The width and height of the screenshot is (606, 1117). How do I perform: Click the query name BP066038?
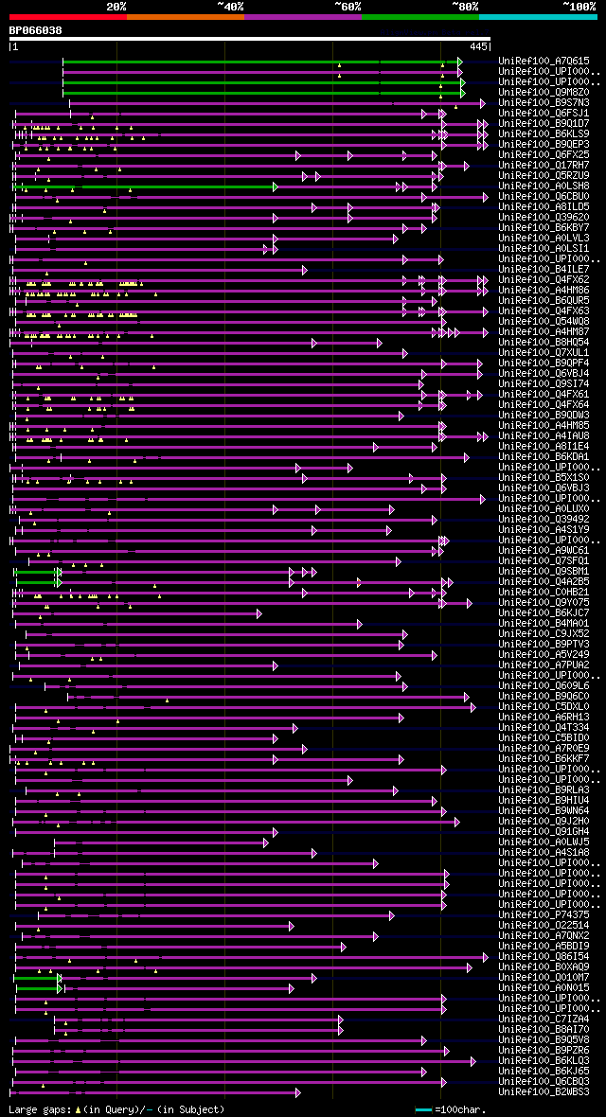(x=36, y=30)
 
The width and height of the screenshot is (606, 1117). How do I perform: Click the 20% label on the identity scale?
(x=116, y=6)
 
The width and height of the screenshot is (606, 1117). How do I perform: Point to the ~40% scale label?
(x=230, y=6)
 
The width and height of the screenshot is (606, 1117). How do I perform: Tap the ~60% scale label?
(x=348, y=6)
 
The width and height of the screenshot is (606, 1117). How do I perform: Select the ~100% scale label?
(x=579, y=6)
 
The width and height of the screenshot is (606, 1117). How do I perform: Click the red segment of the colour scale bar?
(x=67, y=16)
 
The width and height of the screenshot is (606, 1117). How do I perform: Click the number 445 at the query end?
(x=478, y=45)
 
